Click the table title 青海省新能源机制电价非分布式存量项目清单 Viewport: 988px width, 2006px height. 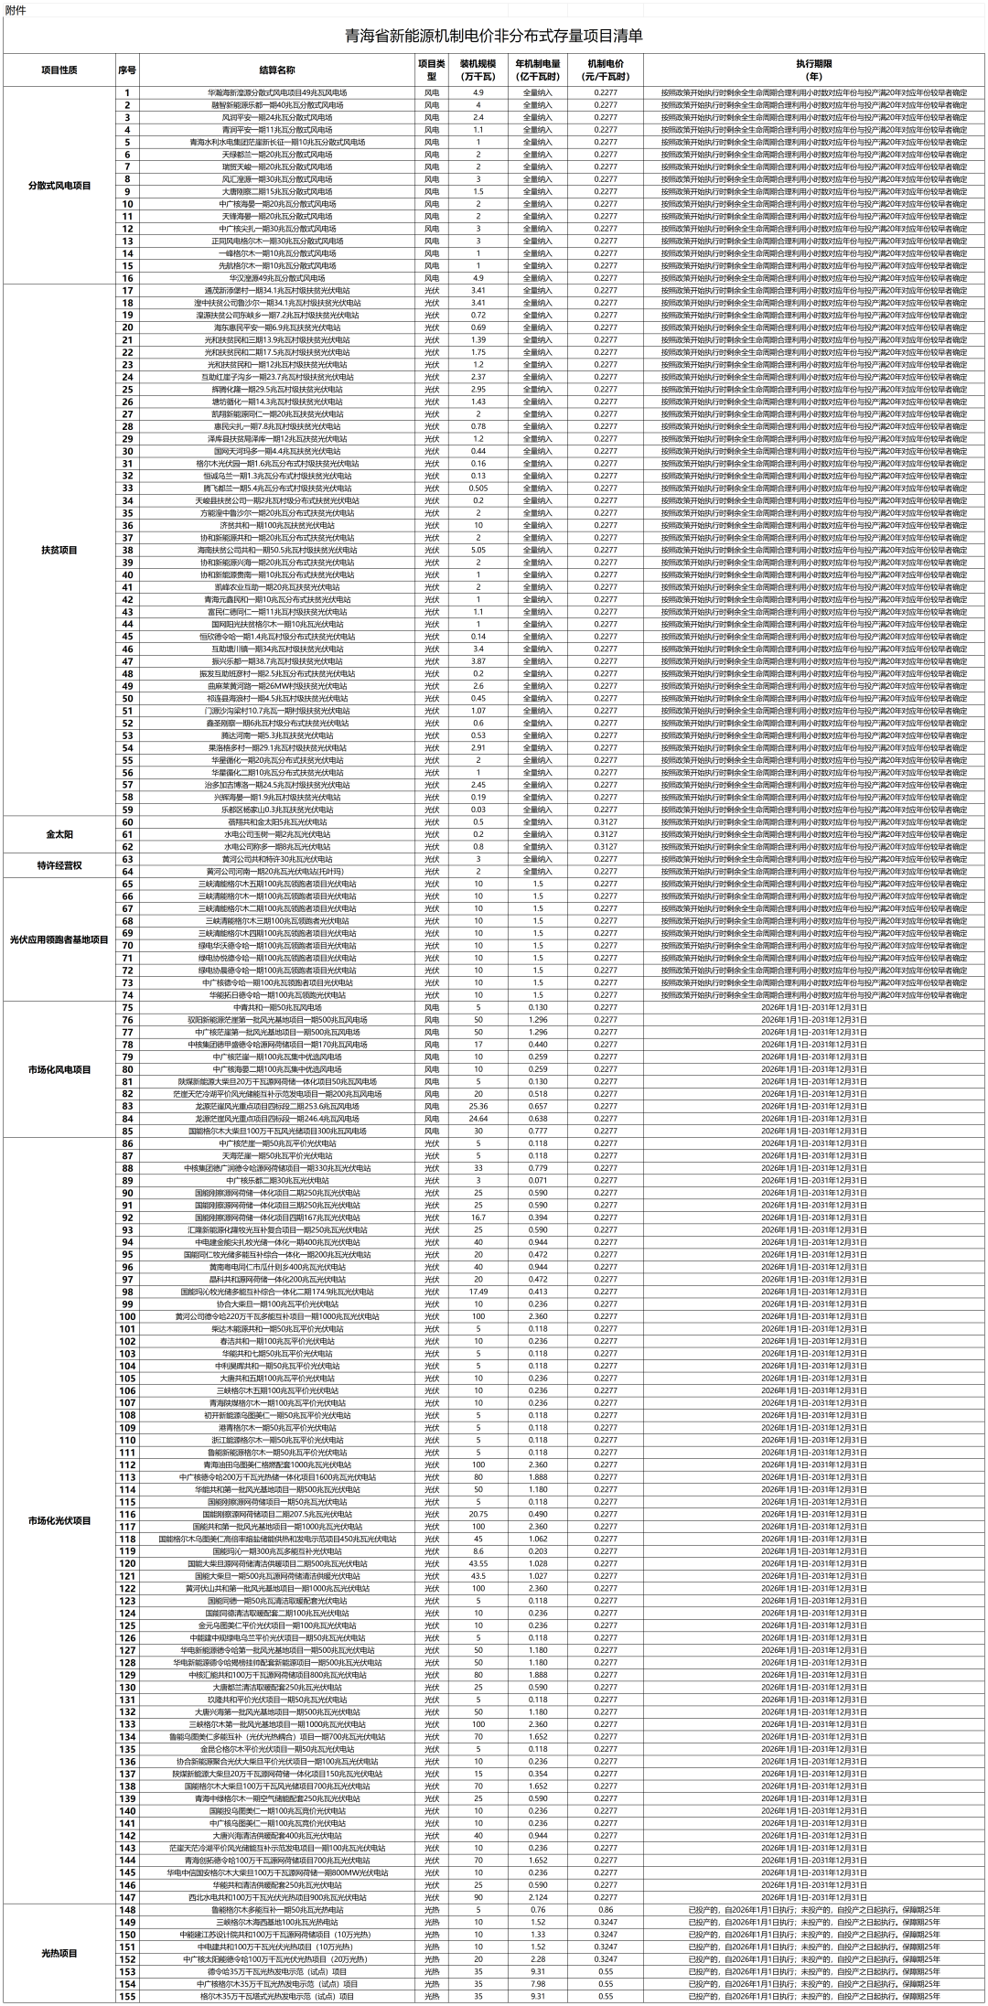(494, 37)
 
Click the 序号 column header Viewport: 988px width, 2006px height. (127, 70)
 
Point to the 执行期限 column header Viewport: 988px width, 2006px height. (813, 70)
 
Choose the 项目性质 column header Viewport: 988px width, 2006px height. (59, 70)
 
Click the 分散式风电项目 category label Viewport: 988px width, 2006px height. (59, 186)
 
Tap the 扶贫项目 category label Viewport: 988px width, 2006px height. (59, 550)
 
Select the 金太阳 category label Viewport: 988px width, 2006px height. (59, 834)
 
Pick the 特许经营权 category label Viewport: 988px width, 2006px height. (59, 865)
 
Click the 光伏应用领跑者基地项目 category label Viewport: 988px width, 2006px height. (59, 939)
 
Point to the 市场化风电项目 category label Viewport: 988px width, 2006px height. (59, 1069)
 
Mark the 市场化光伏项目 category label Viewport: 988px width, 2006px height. (59, 1520)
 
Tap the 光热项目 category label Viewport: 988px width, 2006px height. (59, 1952)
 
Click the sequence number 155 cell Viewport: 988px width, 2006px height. (127, 1996)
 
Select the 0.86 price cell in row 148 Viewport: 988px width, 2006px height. (606, 1910)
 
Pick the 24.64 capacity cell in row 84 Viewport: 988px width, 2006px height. (478, 1119)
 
